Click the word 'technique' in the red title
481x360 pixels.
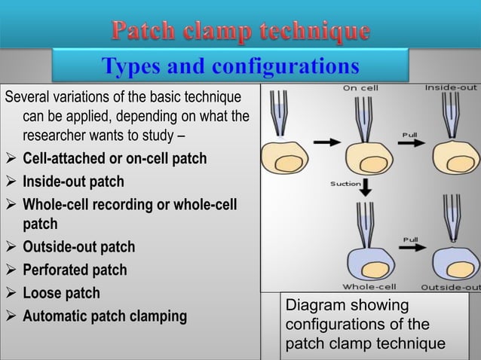(316, 32)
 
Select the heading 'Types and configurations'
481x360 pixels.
(231, 67)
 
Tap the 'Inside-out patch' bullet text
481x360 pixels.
(73, 182)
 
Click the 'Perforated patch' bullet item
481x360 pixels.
(75, 269)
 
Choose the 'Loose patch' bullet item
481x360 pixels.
(61, 293)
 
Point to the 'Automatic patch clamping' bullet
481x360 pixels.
(104, 316)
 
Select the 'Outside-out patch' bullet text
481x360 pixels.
(79, 247)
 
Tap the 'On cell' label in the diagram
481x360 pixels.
(361, 88)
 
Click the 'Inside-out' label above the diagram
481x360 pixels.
(451, 87)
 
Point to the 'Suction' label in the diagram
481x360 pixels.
(345, 184)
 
